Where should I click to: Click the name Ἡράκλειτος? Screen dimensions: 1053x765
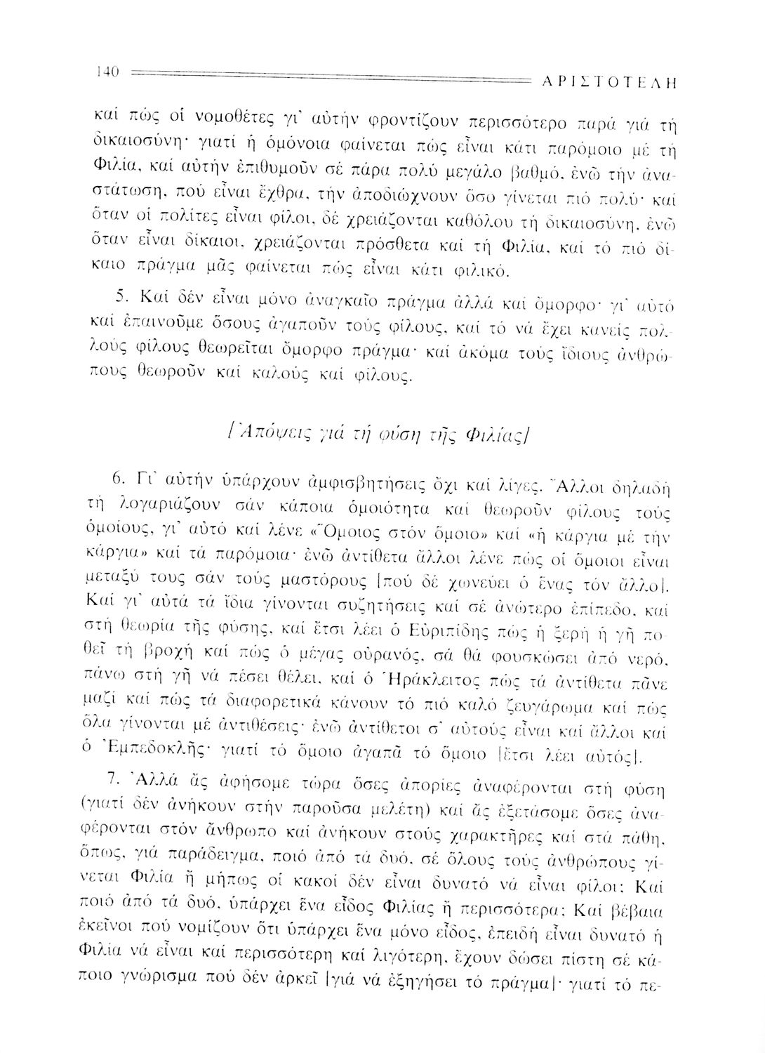tap(400, 680)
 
